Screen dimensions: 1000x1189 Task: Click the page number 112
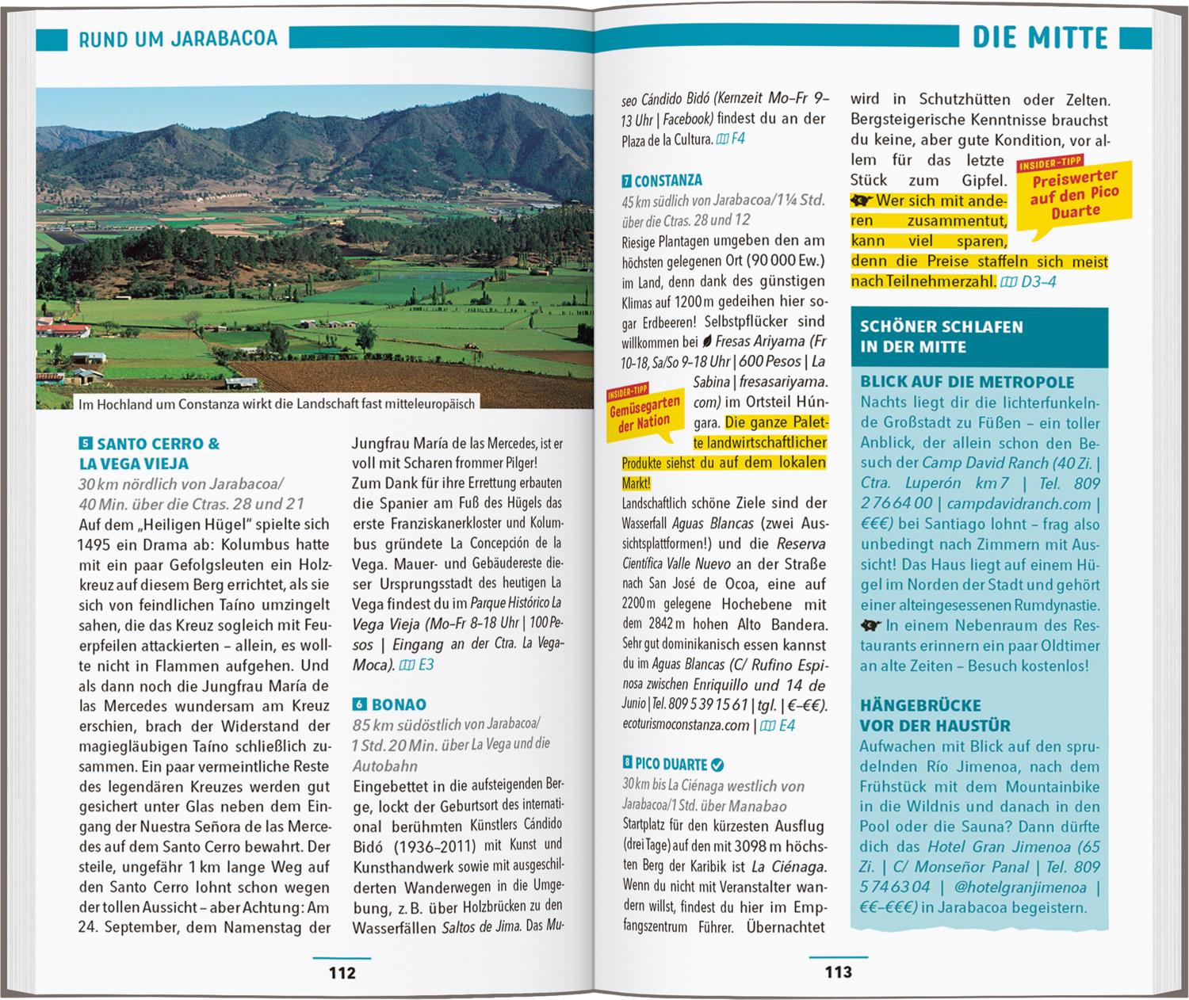coord(342,972)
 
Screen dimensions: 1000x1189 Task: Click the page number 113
coord(838,971)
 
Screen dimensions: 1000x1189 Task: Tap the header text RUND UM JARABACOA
coord(178,39)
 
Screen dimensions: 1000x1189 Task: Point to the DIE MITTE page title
coord(1039,37)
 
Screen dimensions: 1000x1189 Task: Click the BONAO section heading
coord(399,704)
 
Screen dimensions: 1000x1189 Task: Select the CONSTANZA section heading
coord(668,181)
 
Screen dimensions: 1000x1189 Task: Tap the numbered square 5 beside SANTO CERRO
coord(86,444)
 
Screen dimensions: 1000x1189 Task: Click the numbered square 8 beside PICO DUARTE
coord(628,764)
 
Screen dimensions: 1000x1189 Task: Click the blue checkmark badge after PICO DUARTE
coord(717,765)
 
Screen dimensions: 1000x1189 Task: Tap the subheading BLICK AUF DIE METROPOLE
coord(967,382)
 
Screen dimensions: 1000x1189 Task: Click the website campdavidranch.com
coord(1019,504)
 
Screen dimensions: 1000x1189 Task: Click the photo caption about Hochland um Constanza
coord(276,404)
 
